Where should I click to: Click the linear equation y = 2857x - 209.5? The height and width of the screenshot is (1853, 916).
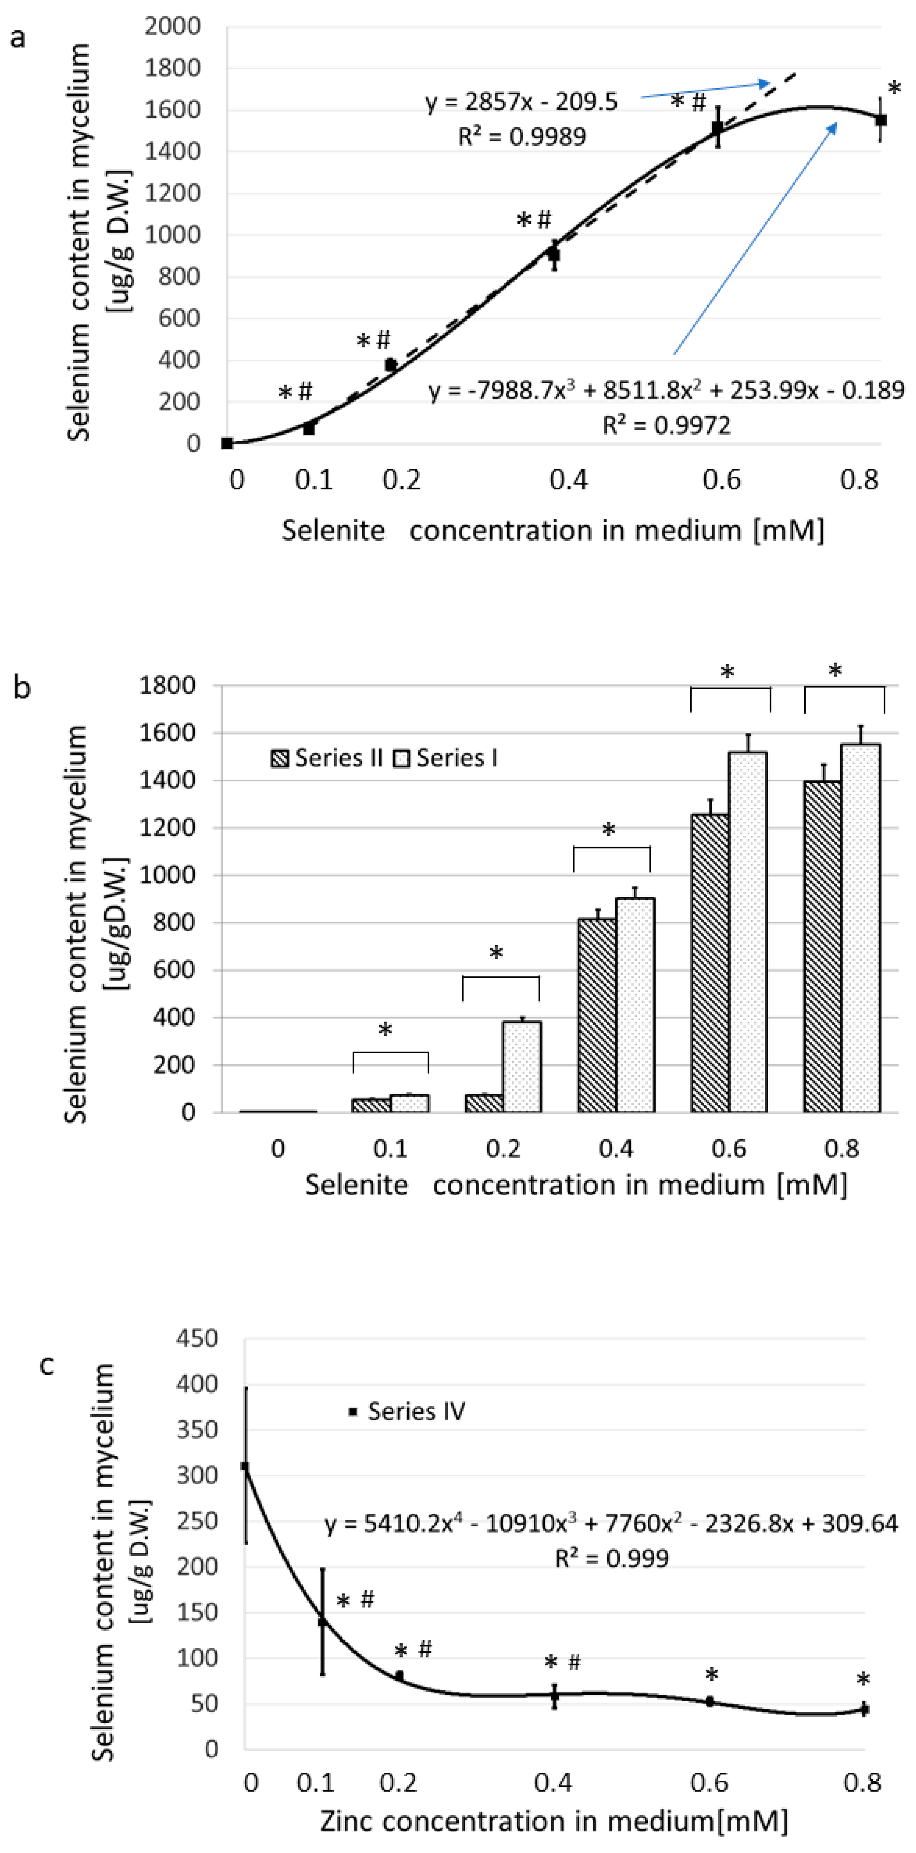click(521, 102)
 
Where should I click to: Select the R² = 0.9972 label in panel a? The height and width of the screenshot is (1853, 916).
click(666, 425)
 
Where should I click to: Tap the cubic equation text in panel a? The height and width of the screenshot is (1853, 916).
click(666, 391)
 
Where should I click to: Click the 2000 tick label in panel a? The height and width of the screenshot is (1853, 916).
click(173, 27)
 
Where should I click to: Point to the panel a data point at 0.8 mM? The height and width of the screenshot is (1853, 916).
click(881, 119)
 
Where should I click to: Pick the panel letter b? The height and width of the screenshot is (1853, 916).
click(22, 688)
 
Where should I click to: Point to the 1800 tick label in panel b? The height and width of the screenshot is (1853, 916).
click(168, 685)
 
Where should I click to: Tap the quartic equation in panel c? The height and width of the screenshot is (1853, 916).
click(611, 1524)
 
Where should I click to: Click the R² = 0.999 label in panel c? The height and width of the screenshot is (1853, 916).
click(612, 1558)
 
